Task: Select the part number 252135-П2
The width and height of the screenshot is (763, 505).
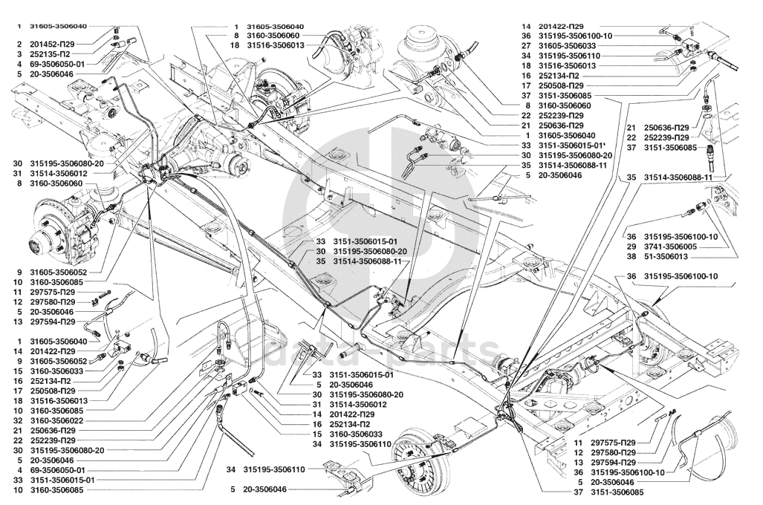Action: coord(48,54)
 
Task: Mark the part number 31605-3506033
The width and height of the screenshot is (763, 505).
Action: coord(569,46)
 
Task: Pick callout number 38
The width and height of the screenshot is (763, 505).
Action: coord(631,256)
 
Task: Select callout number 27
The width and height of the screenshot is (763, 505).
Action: coord(526,46)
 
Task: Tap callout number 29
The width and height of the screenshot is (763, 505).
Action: coord(631,247)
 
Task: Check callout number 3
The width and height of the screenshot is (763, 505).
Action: coord(19,54)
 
